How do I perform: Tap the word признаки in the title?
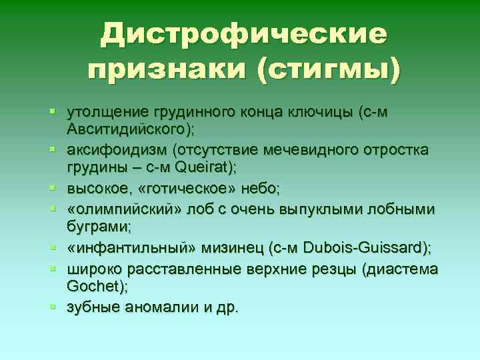coord(167,69)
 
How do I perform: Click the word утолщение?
coord(106,112)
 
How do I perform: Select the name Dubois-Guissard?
coord(363,248)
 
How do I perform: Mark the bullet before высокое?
coord(59,191)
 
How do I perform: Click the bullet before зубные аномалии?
coord(59,307)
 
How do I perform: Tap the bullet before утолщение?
coord(59,112)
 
